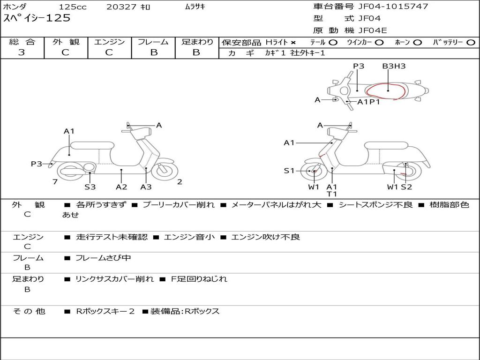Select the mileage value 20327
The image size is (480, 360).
tap(121, 7)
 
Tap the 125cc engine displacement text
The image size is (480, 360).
tap(73, 7)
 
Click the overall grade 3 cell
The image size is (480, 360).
tap(22, 52)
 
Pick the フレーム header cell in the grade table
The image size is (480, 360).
tap(153, 42)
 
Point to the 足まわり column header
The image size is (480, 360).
tap(197, 42)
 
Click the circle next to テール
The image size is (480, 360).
tap(333, 42)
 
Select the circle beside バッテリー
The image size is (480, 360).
tap(471, 42)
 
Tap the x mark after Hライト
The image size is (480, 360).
tap(293, 42)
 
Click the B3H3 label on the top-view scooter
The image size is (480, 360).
tap(394, 66)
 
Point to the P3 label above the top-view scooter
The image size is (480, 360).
tap(359, 66)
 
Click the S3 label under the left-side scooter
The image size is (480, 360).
tap(90, 187)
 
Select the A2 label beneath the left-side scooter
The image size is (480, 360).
tap(121, 187)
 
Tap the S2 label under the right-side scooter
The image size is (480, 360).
tap(406, 187)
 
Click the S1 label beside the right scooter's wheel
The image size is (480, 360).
tap(289, 171)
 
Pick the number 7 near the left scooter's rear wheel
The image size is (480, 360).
tap(55, 182)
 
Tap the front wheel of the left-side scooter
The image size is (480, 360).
tap(164, 171)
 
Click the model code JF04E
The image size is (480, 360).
tap(373, 30)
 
